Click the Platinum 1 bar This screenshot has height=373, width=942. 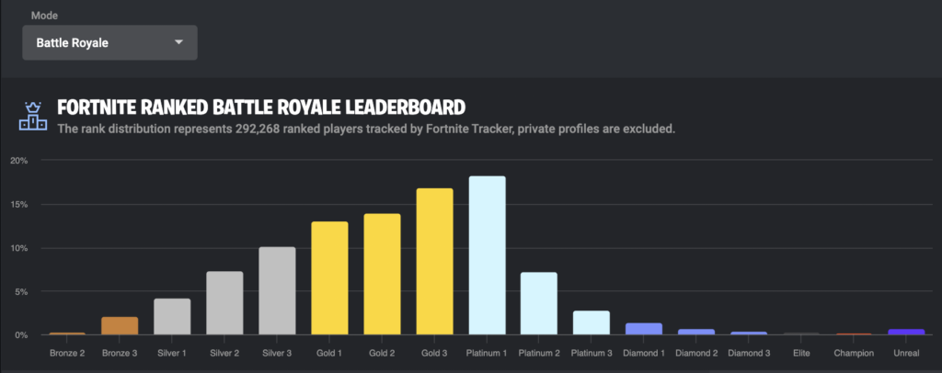pyautogui.click(x=488, y=255)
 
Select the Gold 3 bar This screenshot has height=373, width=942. pyautogui.click(x=434, y=262)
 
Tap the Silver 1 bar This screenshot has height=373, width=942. pyautogui.click(x=172, y=317)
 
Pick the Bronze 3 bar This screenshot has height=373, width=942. pyautogui.click(x=120, y=325)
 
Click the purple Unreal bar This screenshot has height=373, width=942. pyautogui.click(x=906, y=332)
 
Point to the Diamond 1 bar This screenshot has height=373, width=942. pyautogui.click(x=644, y=329)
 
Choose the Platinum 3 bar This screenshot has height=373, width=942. pyautogui.click(x=592, y=322)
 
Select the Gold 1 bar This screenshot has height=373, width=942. pyautogui.click(x=329, y=278)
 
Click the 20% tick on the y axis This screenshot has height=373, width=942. pyautogui.click(x=19, y=161)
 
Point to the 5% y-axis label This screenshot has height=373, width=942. pyautogui.click(x=21, y=291)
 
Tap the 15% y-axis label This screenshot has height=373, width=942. pyautogui.click(x=19, y=205)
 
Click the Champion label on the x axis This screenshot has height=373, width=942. pyautogui.click(x=854, y=353)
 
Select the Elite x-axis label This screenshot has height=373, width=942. pyautogui.click(x=801, y=353)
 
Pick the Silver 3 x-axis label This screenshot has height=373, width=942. pyautogui.click(x=277, y=353)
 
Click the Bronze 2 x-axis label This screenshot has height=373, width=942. pyautogui.click(x=67, y=353)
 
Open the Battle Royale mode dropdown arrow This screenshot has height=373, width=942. pyautogui.click(x=178, y=42)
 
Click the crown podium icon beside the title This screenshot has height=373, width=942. pyautogui.click(x=32, y=117)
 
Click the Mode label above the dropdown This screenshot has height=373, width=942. pyautogui.click(x=44, y=16)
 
